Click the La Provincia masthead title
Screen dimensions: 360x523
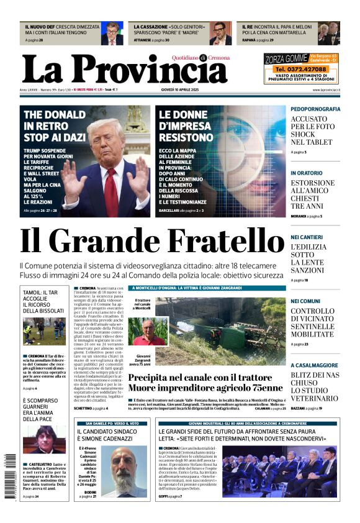click(x=124, y=69)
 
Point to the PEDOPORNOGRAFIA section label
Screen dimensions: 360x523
click(x=315, y=109)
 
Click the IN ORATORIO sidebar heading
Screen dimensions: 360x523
click(x=306, y=173)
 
